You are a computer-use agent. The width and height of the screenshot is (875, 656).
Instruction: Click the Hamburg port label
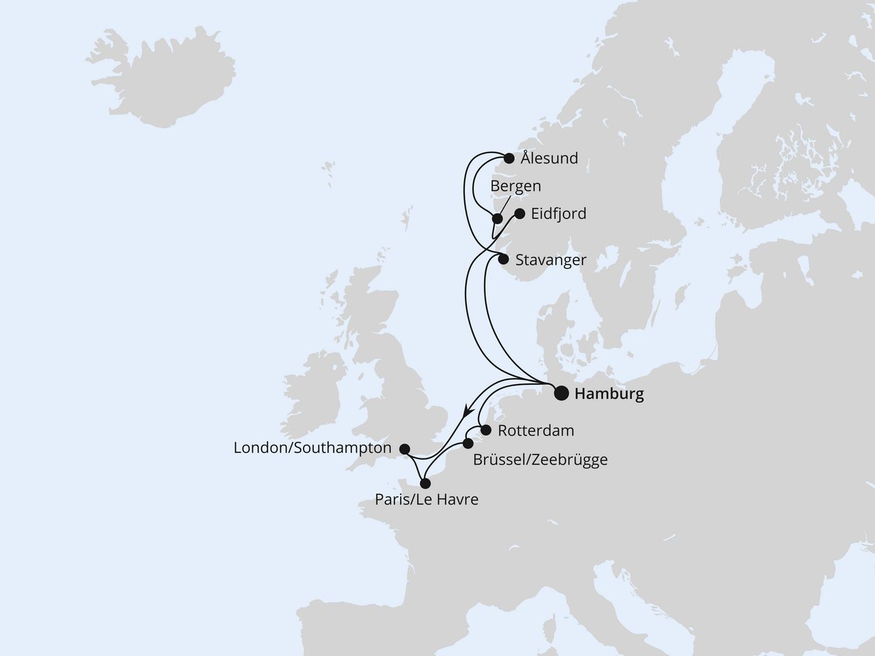609,394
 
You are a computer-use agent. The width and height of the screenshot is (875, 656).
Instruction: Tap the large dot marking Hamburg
561,393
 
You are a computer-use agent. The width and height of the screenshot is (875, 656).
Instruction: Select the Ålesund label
549,159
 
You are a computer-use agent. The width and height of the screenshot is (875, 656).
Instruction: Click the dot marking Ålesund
509,159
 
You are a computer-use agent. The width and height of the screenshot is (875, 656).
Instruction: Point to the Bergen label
516,186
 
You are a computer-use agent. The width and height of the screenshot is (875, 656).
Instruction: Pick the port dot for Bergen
498,219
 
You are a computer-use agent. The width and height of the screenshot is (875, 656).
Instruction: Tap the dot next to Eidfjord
519,214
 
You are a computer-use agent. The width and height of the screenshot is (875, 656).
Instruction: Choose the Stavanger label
551,260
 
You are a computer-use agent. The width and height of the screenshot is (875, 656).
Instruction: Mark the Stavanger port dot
503,260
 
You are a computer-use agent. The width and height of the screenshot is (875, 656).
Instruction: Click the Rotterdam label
536,431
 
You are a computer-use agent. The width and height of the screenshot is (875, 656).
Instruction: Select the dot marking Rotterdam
486,430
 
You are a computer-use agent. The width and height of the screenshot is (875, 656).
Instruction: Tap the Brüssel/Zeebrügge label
540,460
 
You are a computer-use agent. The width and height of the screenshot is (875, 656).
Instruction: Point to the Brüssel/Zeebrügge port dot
468,443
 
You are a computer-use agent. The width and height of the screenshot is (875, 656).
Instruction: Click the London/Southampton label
312,448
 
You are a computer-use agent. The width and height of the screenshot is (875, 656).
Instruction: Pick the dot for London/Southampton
404,449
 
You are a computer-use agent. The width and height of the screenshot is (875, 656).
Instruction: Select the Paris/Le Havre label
427,500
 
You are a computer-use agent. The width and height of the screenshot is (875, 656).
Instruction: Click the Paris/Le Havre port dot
425,483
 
